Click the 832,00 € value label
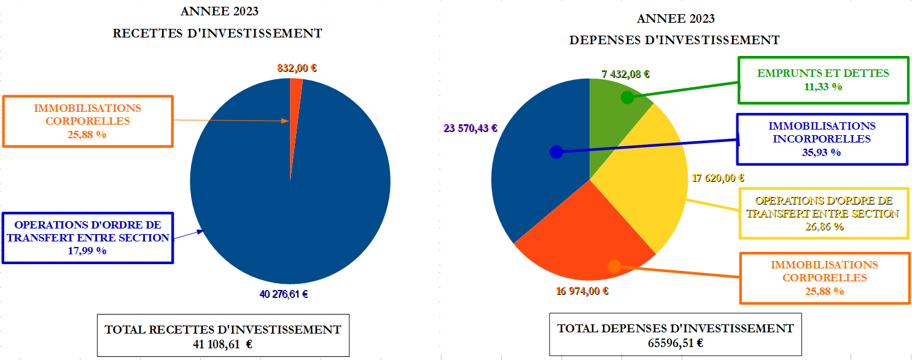point(297,69)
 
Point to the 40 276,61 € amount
point(284,294)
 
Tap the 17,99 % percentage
point(87,251)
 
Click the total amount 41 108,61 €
point(223,344)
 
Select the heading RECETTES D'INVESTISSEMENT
point(217,34)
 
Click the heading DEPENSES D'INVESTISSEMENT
point(674,41)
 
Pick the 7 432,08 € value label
point(626,74)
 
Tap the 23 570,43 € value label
point(470,128)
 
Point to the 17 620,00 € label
point(718,179)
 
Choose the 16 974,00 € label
point(582,291)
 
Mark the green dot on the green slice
point(627,97)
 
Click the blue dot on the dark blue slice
point(556,151)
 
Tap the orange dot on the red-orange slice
point(613,266)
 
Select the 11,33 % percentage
point(823,87)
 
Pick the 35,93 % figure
point(822,152)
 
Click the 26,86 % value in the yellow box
point(824,227)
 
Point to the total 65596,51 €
point(675,343)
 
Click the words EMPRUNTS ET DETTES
point(823,73)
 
